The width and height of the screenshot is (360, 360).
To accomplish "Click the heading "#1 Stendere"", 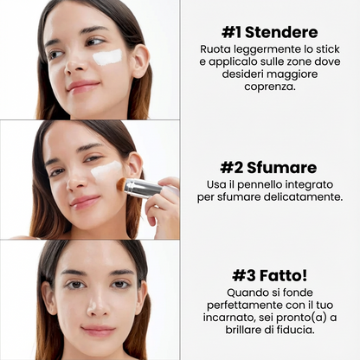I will [x=268, y=33].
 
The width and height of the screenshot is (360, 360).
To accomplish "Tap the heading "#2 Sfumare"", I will [x=268, y=167].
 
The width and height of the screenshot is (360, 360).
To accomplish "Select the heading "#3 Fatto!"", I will [x=268, y=274].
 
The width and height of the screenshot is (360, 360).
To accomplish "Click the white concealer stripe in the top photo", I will [x=108, y=57].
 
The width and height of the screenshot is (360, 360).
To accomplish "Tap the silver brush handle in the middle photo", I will [x=143, y=187].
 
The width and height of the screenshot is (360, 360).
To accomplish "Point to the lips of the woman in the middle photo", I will [x=84, y=202].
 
